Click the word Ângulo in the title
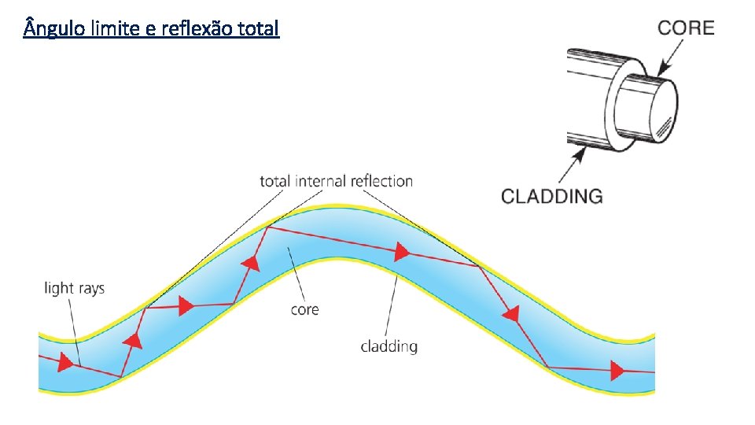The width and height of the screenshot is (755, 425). click(52, 29)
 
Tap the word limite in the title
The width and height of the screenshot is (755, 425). click(115, 29)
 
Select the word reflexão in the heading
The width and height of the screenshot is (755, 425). click(195, 29)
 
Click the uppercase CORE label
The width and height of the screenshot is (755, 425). click(686, 28)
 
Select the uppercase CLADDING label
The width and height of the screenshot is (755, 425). click(551, 196)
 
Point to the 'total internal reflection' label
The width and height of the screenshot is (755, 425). click(336, 182)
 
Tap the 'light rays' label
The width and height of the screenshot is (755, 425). click(74, 288)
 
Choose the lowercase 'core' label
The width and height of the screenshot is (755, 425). click(304, 309)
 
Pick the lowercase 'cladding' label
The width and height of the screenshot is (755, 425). click(389, 346)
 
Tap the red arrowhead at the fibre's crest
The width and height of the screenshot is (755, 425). click(401, 252)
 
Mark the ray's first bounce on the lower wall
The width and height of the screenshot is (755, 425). click(120, 377)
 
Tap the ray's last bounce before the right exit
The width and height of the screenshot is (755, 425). click(547, 368)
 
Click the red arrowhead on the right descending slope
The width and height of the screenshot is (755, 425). click(512, 315)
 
